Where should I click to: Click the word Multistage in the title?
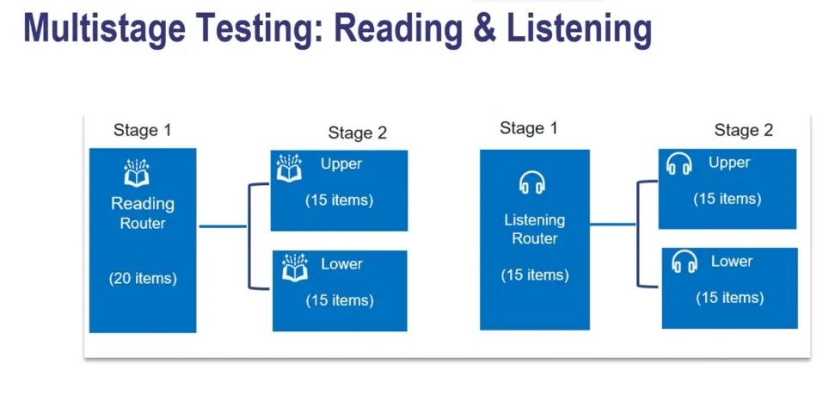coord(104,28)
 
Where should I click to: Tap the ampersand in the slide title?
coord(483,28)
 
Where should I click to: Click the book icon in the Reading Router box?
coord(137,173)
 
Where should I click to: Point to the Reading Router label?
coord(142,213)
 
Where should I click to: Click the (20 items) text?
coord(143,279)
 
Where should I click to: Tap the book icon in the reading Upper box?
coord(289,168)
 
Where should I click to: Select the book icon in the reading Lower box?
coord(294,268)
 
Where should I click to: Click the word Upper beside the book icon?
coord(341,164)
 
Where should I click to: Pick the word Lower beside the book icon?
coord(341,264)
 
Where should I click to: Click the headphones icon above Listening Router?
coord(532,182)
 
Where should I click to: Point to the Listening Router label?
coord(535,229)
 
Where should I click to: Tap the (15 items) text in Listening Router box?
coord(535,275)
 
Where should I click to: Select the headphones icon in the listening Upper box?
coord(679,164)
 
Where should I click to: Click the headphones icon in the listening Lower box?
coord(685,262)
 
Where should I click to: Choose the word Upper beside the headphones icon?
coord(729,163)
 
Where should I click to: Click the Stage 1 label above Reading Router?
coord(142,131)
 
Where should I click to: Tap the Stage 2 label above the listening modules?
coord(743,130)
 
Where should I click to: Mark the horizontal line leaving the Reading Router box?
coord(223,226)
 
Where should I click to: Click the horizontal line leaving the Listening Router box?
coord(613,225)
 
